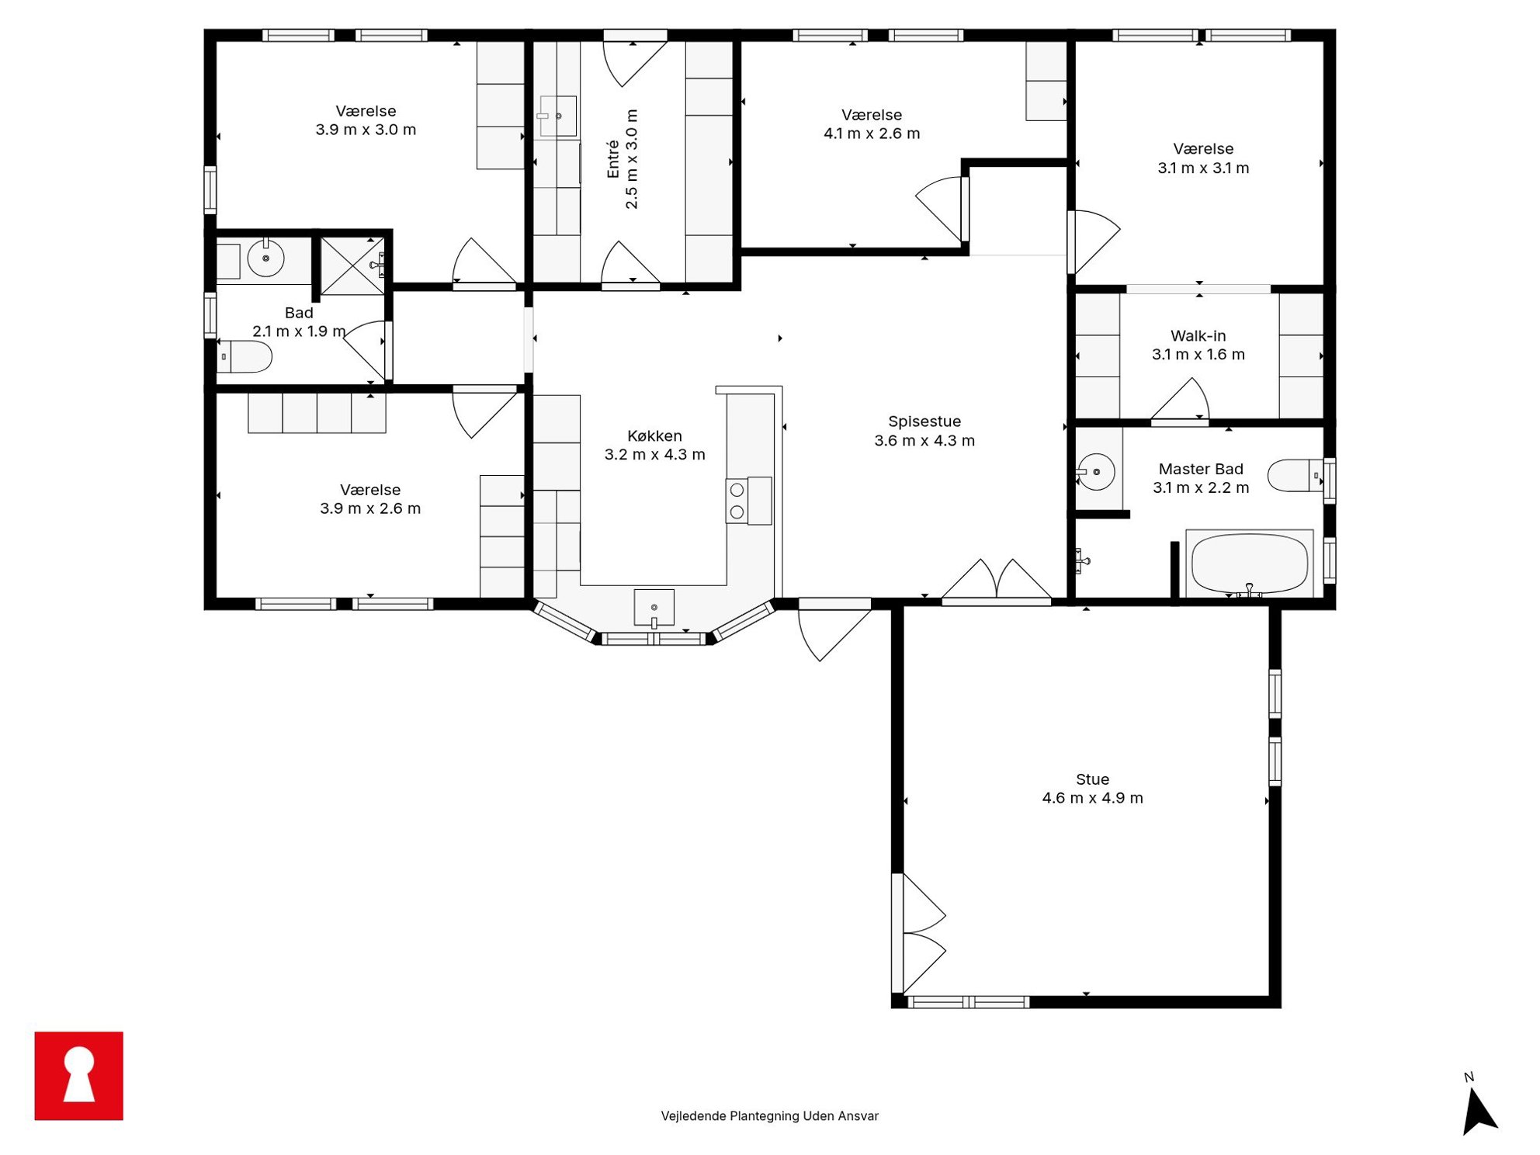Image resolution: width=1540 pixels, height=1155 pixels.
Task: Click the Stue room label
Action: (x=1091, y=779)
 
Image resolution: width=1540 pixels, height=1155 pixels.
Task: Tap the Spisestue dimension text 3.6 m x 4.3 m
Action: (x=924, y=441)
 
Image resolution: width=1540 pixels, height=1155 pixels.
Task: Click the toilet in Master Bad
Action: (x=1295, y=475)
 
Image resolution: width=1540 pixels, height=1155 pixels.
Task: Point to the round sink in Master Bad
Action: (x=1096, y=471)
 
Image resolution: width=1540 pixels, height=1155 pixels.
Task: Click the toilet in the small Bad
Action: (x=244, y=357)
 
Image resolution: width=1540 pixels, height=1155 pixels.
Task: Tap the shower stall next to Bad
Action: (x=352, y=265)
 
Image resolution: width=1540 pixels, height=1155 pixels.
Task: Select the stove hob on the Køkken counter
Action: (x=748, y=501)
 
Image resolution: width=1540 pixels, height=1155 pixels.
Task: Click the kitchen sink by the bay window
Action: (x=654, y=608)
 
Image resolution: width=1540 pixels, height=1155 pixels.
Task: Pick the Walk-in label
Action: (x=1198, y=336)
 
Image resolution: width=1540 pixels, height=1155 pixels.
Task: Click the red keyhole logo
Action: (x=78, y=1075)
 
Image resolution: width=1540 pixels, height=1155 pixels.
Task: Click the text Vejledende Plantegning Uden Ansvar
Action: (x=769, y=1115)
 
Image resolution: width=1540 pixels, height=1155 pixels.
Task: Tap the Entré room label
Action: (x=613, y=159)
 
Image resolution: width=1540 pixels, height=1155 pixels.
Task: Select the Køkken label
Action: (x=654, y=436)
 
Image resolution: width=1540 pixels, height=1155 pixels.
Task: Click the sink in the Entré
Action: (x=558, y=116)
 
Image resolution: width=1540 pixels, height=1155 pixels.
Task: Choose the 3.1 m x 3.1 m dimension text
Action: (x=1203, y=168)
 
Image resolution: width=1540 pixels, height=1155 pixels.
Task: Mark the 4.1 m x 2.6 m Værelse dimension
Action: (x=872, y=134)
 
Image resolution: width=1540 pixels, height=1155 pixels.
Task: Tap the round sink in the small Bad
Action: (x=265, y=258)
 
